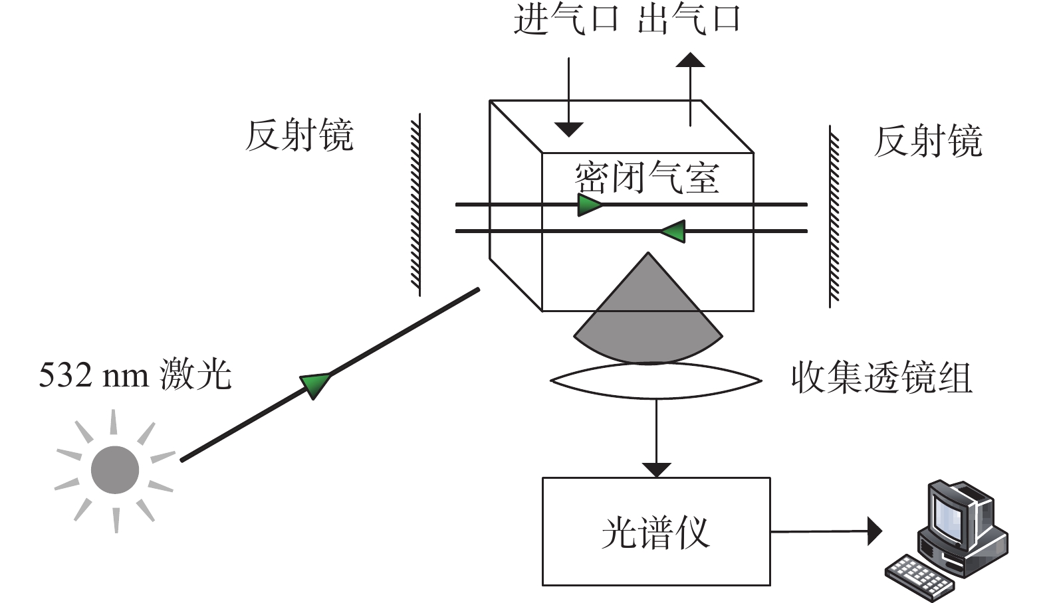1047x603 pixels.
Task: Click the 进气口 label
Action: [566, 20]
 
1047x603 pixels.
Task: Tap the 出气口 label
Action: [688, 20]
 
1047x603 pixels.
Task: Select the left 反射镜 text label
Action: [299, 135]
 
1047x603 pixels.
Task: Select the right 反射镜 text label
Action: [928, 141]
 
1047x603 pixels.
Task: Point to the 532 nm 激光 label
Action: [135, 375]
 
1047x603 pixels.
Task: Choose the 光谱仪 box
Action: [656, 531]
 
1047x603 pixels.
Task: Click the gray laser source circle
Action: [115, 470]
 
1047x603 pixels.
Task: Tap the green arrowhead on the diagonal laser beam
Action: [315, 385]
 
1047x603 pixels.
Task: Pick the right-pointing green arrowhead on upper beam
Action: [590, 205]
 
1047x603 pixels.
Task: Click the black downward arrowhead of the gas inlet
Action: [569, 129]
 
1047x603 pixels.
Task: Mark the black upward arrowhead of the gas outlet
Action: [691, 60]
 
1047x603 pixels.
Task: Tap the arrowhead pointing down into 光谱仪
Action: [657, 470]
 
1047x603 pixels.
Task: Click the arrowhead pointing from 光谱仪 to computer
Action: [875, 531]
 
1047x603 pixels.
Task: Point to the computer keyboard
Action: [919, 578]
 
